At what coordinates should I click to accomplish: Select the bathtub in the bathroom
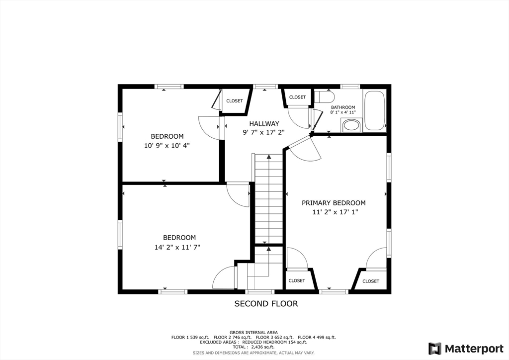(374, 110)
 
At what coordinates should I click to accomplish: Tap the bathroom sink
(351, 125)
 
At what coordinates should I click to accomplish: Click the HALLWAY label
(264, 124)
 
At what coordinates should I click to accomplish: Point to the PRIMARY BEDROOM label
(334, 203)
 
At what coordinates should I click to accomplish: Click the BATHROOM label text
(343, 107)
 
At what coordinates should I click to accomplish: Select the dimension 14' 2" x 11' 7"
(177, 247)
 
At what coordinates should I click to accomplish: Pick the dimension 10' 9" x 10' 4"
(167, 145)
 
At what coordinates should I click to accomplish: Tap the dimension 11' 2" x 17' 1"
(335, 212)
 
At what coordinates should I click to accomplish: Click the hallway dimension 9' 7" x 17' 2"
(263, 132)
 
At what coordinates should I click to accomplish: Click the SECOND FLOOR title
(266, 304)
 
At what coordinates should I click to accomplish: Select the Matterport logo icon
(434, 349)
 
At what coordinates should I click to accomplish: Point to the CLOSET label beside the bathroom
(297, 97)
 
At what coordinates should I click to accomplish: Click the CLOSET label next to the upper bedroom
(235, 101)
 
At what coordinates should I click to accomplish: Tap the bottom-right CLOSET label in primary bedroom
(371, 281)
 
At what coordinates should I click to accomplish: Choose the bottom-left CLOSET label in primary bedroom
(297, 280)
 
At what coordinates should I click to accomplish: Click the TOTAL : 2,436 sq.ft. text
(254, 347)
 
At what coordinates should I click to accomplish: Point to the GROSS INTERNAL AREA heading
(254, 333)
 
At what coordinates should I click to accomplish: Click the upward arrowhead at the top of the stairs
(269, 157)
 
